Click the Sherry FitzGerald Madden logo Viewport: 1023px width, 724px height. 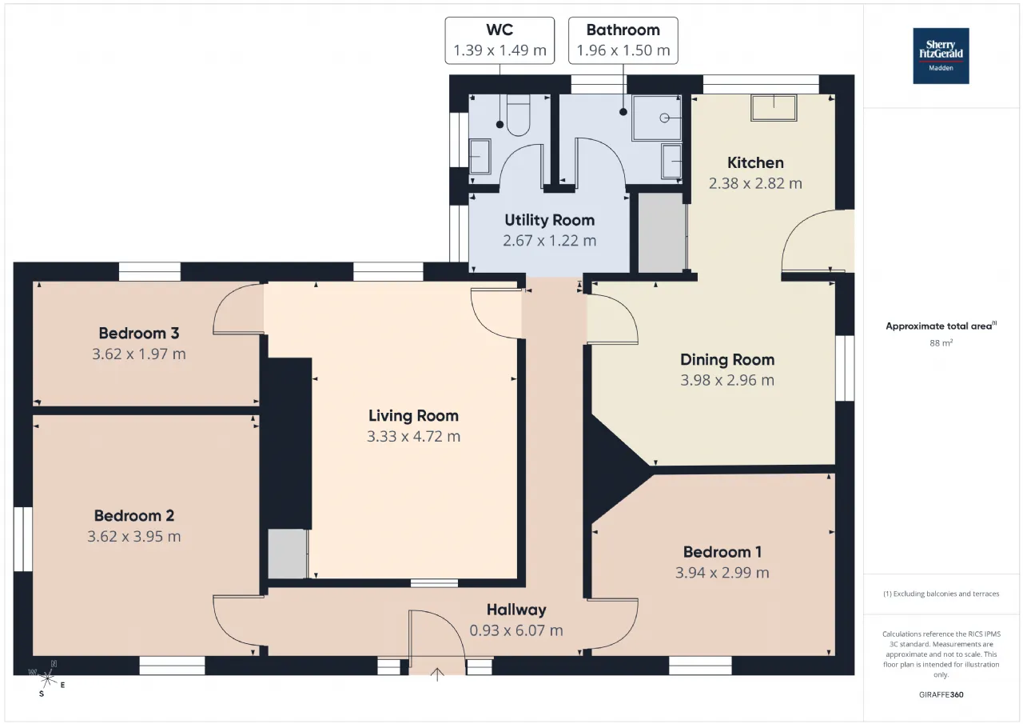[941, 56]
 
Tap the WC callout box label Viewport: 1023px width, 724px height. [500, 41]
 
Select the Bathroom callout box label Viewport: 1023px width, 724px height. [623, 41]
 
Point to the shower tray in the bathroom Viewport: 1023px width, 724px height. [657, 118]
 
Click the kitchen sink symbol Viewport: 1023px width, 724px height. [774, 108]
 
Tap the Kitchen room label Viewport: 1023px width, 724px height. [755, 162]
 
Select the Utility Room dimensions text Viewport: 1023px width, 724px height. [549, 241]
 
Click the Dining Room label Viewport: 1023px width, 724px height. [727, 360]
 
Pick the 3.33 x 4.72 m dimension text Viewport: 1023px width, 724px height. [413, 436]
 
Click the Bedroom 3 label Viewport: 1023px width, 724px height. [139, 334]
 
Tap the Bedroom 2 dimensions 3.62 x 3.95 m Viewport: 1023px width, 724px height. [133, 536]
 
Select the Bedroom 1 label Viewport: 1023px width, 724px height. [722, 552]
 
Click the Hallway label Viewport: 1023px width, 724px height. [516, 610]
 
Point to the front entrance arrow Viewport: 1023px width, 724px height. [437, 674]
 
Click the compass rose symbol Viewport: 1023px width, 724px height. [47, 678]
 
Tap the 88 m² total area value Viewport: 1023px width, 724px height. [941, 343]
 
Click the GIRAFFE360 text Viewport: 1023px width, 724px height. [941, 694]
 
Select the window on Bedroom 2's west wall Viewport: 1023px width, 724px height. [23, 539]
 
